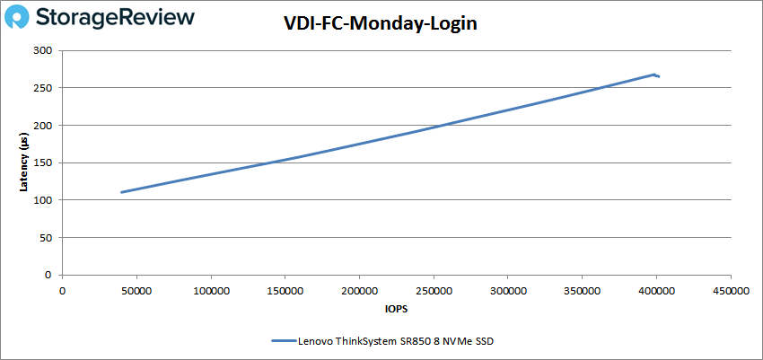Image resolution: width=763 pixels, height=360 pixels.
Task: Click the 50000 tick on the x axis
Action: tap(136, 290)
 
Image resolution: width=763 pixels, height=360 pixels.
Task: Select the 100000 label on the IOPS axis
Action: tap(210, 290)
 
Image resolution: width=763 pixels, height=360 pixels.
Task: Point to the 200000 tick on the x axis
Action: tap(359, 290)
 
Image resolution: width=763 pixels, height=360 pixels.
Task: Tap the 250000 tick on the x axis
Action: tap(433, 290)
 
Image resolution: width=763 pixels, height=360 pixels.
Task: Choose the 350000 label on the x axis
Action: tap(582, 290)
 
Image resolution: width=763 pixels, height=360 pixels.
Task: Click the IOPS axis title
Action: tap(396, 310)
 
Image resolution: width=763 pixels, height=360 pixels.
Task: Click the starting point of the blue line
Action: tap(121, 192)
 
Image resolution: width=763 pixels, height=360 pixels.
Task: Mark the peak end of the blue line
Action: tap(654, 75)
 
